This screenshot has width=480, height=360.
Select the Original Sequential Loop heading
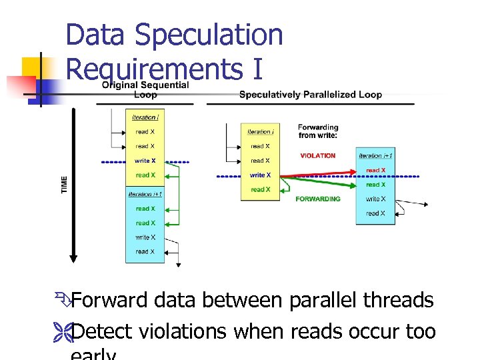pyautogui.click(x=145, y=90)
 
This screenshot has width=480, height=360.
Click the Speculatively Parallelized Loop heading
pyautogui.click(x=310, y=95)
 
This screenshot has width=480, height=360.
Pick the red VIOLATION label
pyautogui.click(x=318, y=155)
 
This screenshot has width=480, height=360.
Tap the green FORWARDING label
pyautogui.click(x=318, y=199)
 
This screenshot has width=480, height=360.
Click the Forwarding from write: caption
pyautogui.click(x=318, y=131)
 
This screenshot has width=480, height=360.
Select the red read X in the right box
pyautogui.click(x=375, y=171)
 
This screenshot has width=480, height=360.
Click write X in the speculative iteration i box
pyautogui.click(x=260, y=175)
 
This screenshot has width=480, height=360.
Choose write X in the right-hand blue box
pyautogui.click(x=375, y=199)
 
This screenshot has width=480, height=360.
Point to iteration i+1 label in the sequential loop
pyautogui.click(x=145, y=194)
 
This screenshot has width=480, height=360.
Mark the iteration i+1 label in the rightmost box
pyautogui.click(x=375, y=155)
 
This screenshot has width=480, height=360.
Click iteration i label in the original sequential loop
pyautogui.click(x=145, y=117)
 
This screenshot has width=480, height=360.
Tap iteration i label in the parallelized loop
pyautogui.click(x=260, y=131)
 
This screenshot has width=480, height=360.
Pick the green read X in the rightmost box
pyautogui.click(x=375, y=185)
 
